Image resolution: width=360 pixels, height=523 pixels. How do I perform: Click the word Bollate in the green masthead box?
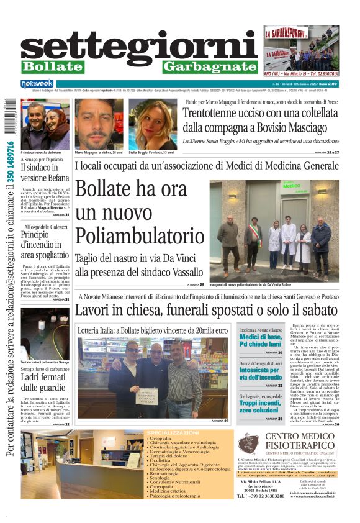click(53, 66)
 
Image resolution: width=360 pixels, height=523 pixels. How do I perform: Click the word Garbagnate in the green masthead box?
click(210, 66)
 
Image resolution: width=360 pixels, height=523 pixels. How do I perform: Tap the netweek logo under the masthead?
click(37, 83)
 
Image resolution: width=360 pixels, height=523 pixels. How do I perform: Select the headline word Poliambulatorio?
click(140, 236)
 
